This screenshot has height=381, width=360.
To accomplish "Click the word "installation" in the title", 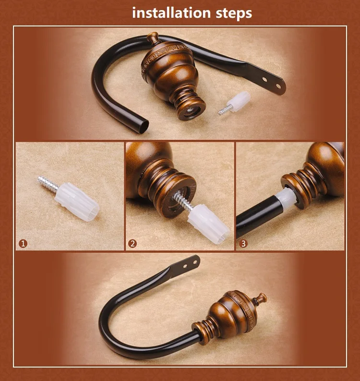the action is tap(171, 12).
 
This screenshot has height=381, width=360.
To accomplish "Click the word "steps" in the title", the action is tap(234, 13).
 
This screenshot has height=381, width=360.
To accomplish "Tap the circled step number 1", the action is tap(23, 244).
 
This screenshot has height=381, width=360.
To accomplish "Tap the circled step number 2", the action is tap(132, 244).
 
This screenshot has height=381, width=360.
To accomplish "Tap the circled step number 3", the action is tap(243, 244).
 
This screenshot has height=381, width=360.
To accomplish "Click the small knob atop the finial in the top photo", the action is tap(153, 37).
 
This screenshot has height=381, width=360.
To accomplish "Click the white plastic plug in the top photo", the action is tap(240, 101).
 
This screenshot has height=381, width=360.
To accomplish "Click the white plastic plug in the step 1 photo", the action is tap(77, 202).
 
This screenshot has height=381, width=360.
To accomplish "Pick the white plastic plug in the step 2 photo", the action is tap(208, 223).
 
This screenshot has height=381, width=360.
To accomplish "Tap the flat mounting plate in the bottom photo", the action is tap(186, 266).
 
